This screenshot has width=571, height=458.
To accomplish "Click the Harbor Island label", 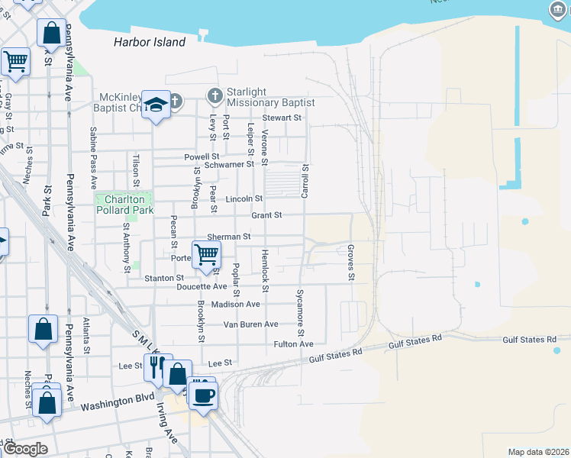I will pos(150,42).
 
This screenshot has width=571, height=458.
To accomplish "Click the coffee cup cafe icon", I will pos(204,395).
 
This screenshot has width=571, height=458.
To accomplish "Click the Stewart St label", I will pos(282,118).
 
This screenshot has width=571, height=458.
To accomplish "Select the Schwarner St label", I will pos(229,164).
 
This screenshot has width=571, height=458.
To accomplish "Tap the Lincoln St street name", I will pos(245,198).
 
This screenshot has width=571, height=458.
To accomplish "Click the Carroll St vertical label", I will pos(305,181).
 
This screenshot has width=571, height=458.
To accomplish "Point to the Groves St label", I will pos(351,262).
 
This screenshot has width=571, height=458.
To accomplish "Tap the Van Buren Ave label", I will pos(250,324).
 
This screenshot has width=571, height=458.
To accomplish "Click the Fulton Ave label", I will pos(294,344).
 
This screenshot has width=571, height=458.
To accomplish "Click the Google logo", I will pos(25,449).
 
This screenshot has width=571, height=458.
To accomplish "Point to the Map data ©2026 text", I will pos(538,452).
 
